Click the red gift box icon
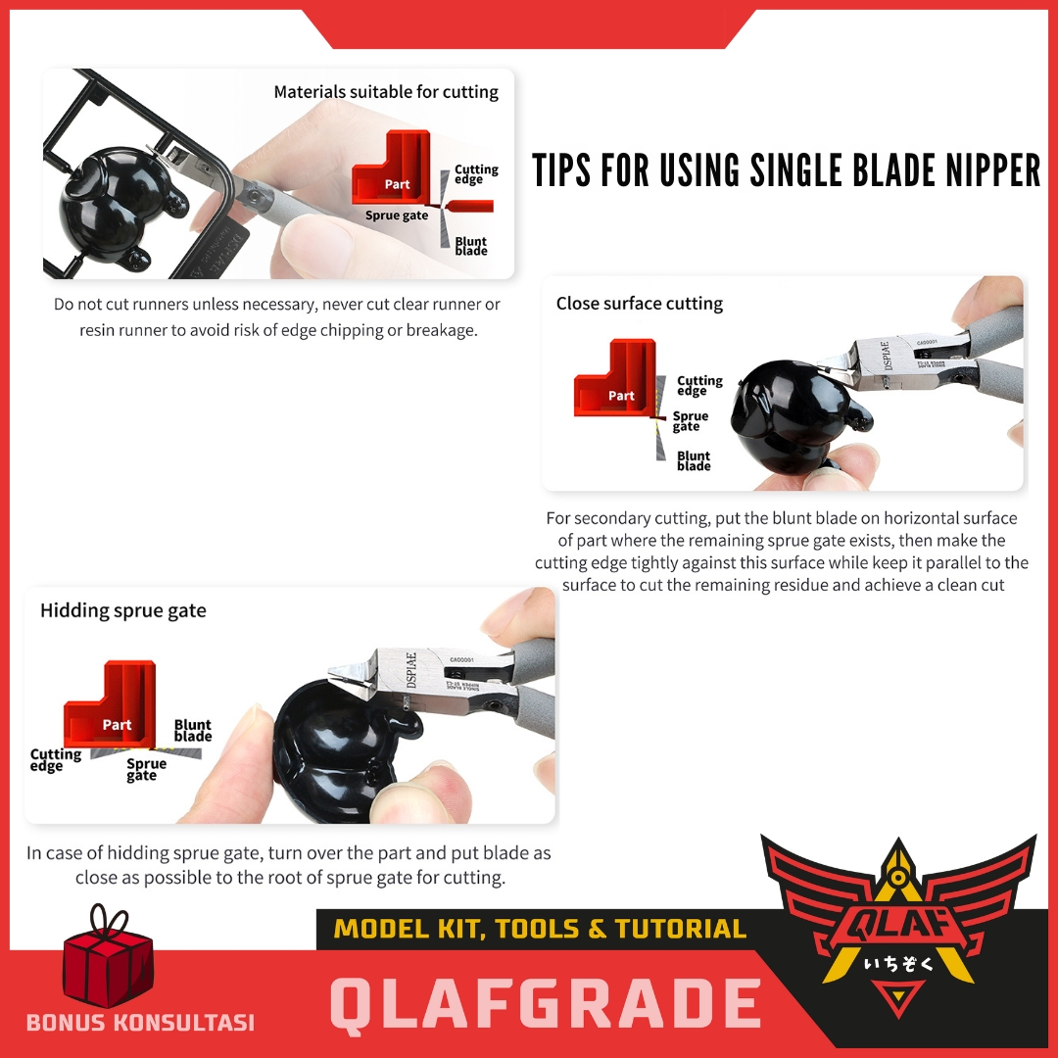(x=108, y=958)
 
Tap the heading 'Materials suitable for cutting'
(x=386, y=92)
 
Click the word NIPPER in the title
(x=992, y=169)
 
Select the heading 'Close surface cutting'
(x=639, y=304)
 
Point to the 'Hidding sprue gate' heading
(x=122, y=610)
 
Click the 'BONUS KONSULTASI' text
(x=140, y=1022)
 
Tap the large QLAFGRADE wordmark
(x=546, y=1005)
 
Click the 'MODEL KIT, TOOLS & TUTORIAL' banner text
(x=540, y=929)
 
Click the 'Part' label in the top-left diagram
(x=397, y=184)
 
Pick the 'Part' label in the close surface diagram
(x=621, y=396)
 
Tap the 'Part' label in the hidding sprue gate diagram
(x=117, y=725)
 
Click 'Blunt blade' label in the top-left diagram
(x=471, y=246)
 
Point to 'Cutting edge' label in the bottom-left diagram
(x=55, y=760)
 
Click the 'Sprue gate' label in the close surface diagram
(x=691, y=421)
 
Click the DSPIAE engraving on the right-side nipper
(x=887, y=355)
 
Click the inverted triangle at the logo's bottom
(x=898, y=997)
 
